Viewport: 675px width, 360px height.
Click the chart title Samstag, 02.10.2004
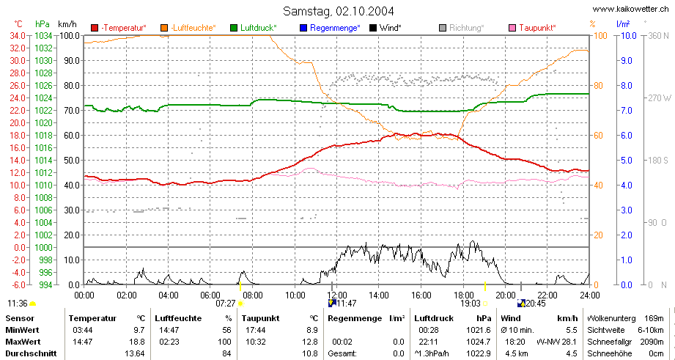click(338, 11)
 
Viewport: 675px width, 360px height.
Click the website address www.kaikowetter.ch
click(631, 9)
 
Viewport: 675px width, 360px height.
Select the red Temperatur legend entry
click(119, 28)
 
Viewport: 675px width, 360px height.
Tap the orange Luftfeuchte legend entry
click(188, 28)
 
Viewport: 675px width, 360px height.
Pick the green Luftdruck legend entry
click(254, 28)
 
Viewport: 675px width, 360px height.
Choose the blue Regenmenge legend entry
click(329, 28)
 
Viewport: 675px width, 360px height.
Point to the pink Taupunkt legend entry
click(532, 28)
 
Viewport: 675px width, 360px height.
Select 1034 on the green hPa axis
click(44, 35)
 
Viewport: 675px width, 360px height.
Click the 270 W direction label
click(659, 98)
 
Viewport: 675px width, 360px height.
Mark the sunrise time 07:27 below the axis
click(226, 304)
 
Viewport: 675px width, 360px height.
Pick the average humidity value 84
click(227, 353)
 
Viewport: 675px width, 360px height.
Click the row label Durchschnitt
click(31, 353)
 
